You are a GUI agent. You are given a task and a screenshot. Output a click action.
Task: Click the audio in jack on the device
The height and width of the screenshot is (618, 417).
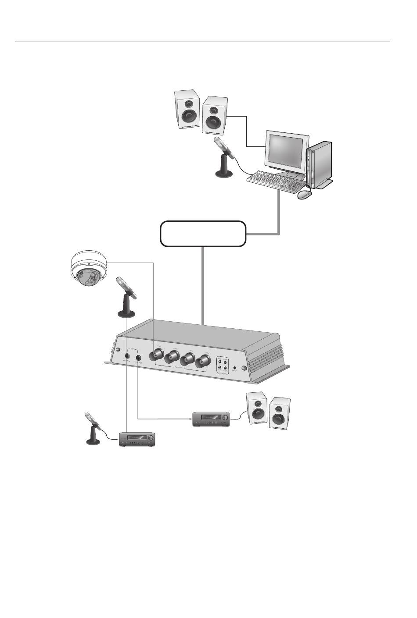(127, 355)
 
